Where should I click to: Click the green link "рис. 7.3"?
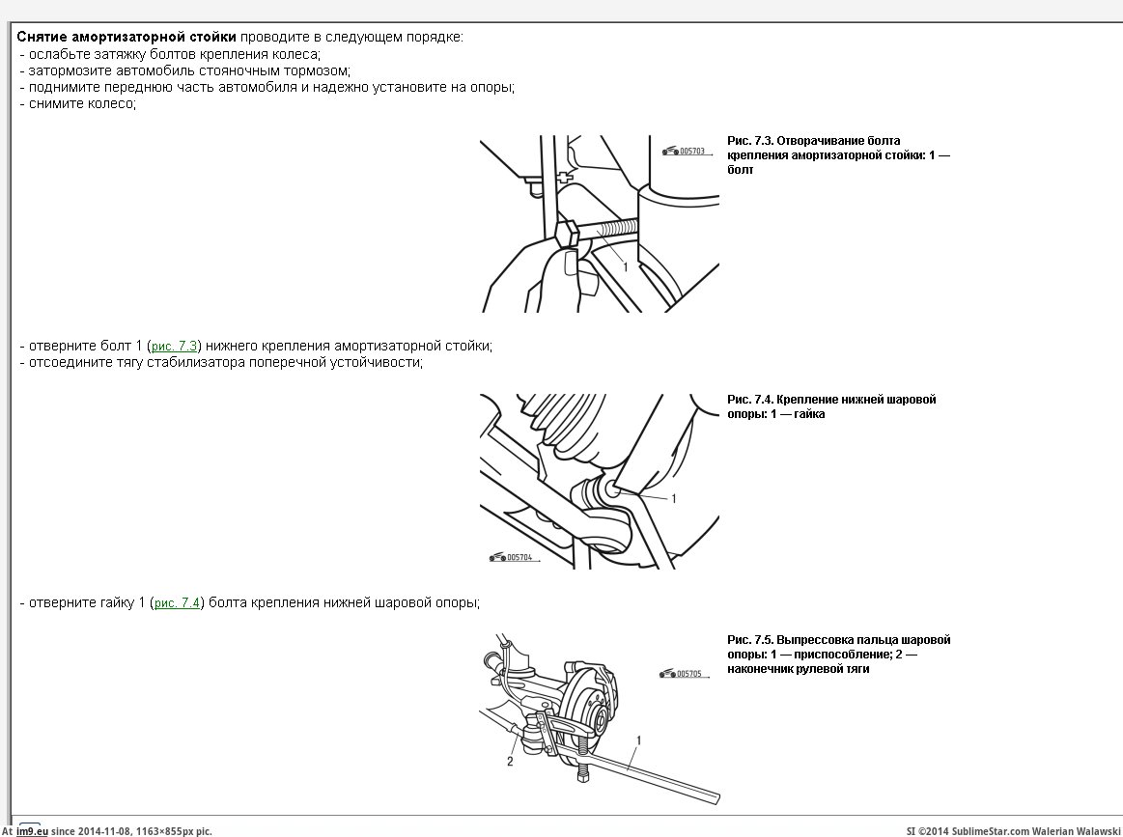[x=175, y=346]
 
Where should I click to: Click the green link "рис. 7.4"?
[x=178, y=603]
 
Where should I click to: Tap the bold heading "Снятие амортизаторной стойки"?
[x=126, y=37]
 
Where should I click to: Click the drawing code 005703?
[x=692, y=152]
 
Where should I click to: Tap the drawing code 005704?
[x=519, y=557]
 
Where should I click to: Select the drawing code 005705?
[x=688, y=674]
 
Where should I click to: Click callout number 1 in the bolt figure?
[x=625, y=266]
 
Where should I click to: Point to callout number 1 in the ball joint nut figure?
[x=674, y=499]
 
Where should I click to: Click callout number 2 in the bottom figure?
[x=510, y=761]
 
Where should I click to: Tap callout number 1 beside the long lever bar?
[x=638, y=740]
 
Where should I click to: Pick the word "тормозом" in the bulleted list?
[x=319, y=70]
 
